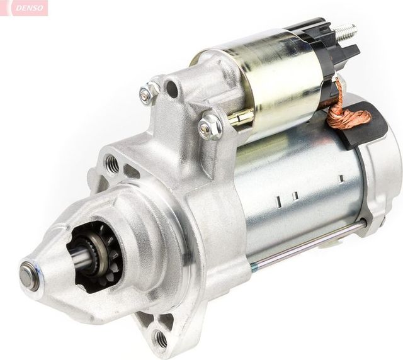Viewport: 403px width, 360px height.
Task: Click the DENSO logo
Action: pyautogui.click(x=24, y=8)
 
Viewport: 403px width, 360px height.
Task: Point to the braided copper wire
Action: pyautogui.click(x=346, y=113)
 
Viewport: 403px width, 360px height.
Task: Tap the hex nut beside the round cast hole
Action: pyautogui.click(x=149, y=94)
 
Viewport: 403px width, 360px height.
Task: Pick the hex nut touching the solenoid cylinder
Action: pyautogui.click(x=210, y=128)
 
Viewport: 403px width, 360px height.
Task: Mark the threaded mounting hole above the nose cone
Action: pyautogui.click(x=112, y=165)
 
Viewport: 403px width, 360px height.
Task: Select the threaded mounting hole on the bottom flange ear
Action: pyautogui.click(x=161, y=339)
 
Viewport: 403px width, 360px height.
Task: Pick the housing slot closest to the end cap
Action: pyautogui.click(x=341, y=179)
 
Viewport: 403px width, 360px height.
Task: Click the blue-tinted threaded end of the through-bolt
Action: pyautogui.click(x=253, y=267)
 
